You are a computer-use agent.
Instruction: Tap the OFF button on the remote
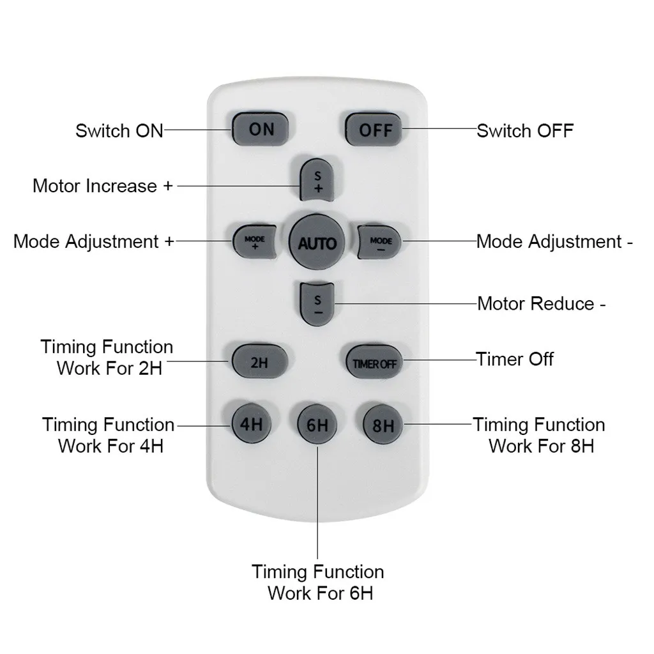375,130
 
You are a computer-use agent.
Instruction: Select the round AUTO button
317,243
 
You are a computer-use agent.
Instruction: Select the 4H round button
250,424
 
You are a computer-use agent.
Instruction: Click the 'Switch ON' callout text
119,131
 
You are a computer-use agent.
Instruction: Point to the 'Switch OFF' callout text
525,131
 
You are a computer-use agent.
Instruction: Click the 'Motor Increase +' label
103,186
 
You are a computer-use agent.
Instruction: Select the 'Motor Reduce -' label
542,303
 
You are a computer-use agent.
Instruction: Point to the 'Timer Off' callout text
515,359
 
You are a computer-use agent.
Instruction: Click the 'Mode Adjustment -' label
554,241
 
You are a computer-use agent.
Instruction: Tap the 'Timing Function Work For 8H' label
539,435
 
